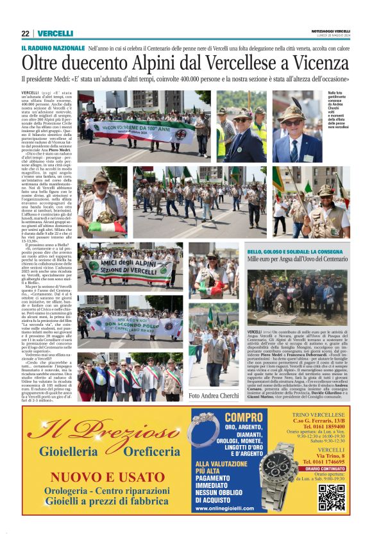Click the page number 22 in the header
pos(25,33)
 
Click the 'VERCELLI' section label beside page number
pos(55,33)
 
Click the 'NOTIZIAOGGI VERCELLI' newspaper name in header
pos(330,31)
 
